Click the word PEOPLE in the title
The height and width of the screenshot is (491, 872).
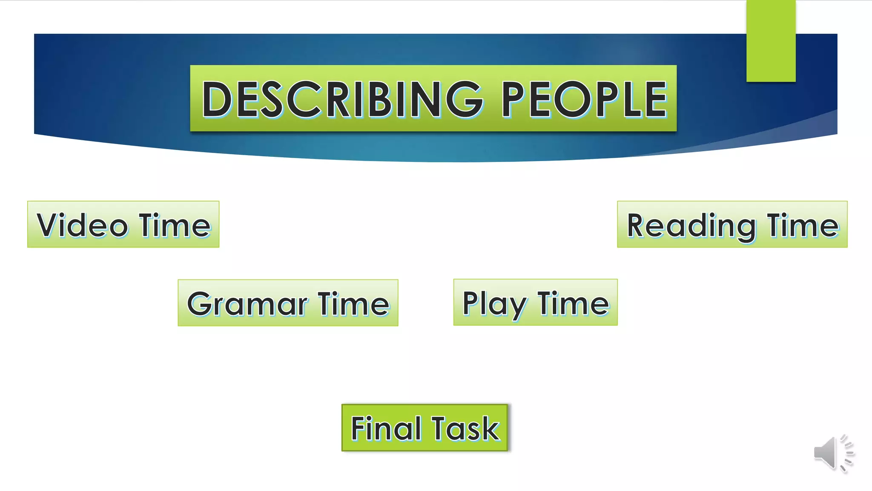[584, 99]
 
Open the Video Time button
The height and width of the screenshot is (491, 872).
[123, 224]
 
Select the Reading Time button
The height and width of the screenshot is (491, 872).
[732, 224]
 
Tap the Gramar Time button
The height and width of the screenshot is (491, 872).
[288, 303]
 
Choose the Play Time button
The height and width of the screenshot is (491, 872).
[535, 302]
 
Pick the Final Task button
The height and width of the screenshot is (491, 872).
[425, 427]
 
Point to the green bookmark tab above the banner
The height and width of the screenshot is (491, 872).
[771, 41]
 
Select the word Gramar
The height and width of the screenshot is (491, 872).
[247, 304]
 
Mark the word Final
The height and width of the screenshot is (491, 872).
[386, 428]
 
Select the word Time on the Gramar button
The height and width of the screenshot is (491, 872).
[353, 304]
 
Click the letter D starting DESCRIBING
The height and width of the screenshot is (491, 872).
[217, 99]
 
